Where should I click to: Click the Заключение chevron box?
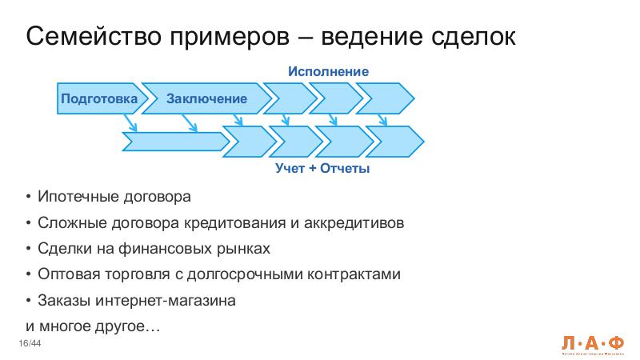[x=206, y=98]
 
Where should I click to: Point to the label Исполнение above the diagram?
[x=328, y=72]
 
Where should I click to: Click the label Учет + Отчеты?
[x=322, y=170]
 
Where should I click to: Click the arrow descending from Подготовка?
[x=130, y=122]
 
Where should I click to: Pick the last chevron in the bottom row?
[x=398, y=142]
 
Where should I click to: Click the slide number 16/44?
[x=30, y=344]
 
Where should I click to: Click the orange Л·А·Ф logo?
[x=591, y=341]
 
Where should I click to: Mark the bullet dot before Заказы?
[x=29, y=301]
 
